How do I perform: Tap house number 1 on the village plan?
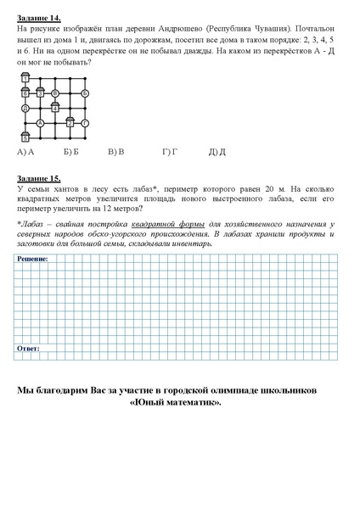(25, 78)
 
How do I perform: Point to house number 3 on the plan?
(40, 92)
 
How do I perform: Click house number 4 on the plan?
(55, 108)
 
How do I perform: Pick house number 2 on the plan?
(70, 122)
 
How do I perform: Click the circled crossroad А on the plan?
(40, 123)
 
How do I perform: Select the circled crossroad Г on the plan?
(85, 123)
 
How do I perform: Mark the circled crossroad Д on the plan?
(25, 108)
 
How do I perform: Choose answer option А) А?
(25, 152)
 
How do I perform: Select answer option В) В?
(116, 152)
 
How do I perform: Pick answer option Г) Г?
(169, 152)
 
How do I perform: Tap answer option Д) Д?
(217, 152)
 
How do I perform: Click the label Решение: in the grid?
(33, 257)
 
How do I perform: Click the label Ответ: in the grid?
(29, 348)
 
